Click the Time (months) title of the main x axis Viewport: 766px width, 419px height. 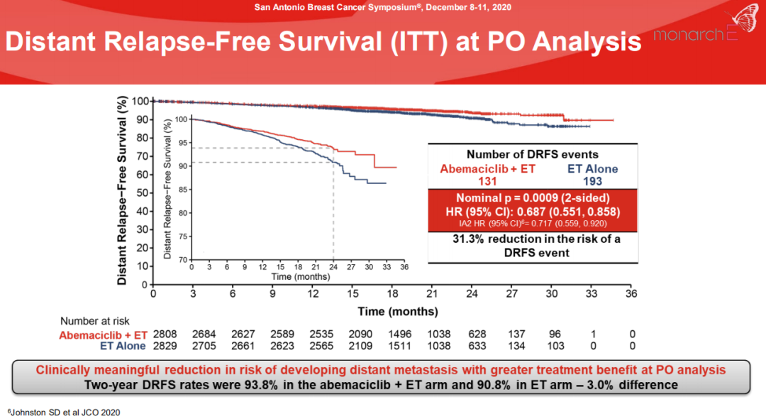[398, 311]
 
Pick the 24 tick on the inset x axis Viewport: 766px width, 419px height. [333, 267]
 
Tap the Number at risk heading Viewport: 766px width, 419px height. [95, 321]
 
